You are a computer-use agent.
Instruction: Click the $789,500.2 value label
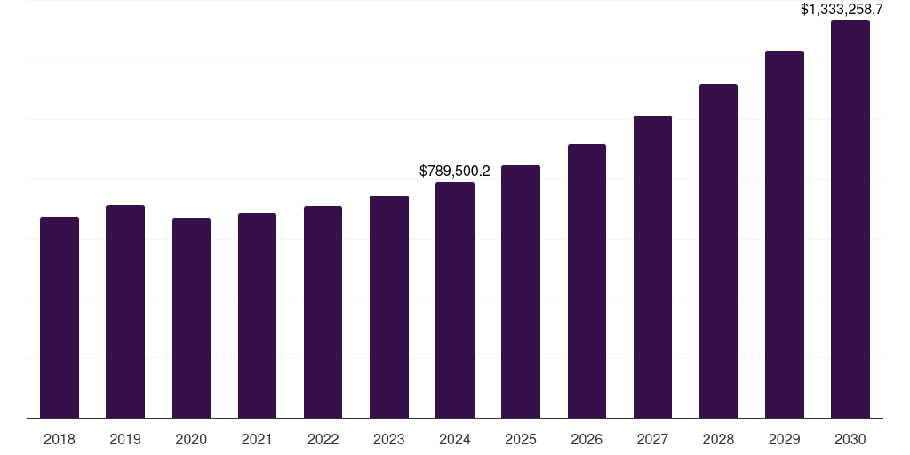(455, 171)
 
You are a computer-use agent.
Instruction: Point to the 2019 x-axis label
(125, 440)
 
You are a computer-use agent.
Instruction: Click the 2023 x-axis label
(388, 440)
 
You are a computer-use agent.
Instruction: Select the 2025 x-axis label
(521, 440)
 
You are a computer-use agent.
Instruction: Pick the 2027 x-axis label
(652, 440)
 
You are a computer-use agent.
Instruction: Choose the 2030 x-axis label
(850, 440)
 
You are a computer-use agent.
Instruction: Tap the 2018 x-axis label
(60, 440)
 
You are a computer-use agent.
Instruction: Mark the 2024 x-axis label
(455, 440)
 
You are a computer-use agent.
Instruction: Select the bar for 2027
(652, 267)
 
